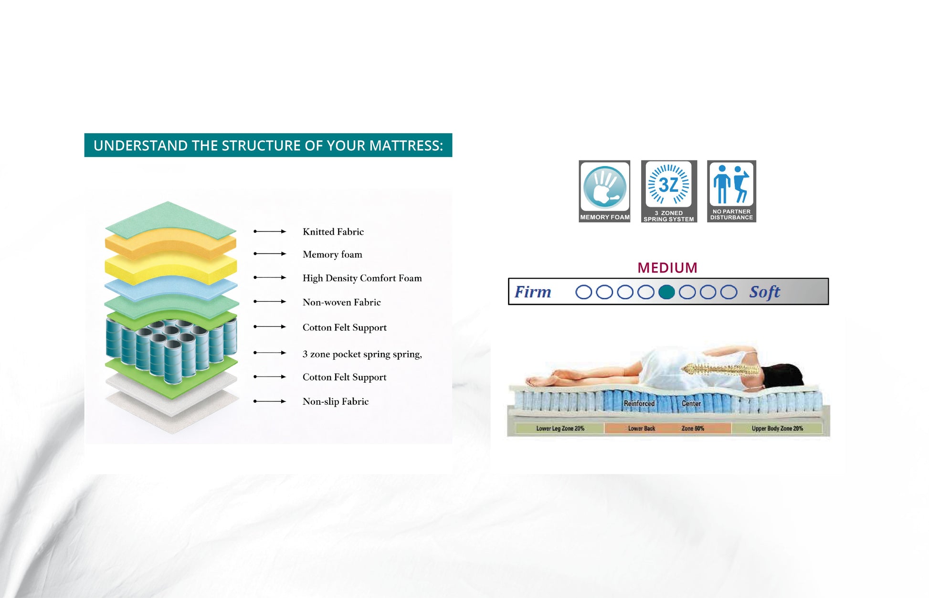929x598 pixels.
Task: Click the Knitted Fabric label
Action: (x=333, y=232)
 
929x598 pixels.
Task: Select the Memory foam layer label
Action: (x=332, y=254)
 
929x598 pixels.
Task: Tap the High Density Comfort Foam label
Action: (x=362, y=278)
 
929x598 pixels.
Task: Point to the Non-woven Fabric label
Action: (x=342, y=302)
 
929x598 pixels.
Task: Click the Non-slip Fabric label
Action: (x=336, y=401)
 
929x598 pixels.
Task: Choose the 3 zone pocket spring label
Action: (x=362, y=354)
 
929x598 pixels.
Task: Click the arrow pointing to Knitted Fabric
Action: (x=270, y=231)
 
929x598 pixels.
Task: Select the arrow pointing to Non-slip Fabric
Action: (x=270, y=401)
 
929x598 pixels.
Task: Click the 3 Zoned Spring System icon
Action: (x=669, y=191)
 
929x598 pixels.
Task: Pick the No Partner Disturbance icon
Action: (x=731, y=191)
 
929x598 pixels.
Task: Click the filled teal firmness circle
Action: (x=666, y=292)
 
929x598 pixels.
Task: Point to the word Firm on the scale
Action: (x=533, y=292)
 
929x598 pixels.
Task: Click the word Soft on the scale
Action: (x=765, y=292)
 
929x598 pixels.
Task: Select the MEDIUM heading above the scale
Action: (x=667, y=268)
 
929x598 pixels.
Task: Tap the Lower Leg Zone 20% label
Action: (x=560, y=429)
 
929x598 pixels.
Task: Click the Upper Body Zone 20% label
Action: (x=777, y=429)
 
